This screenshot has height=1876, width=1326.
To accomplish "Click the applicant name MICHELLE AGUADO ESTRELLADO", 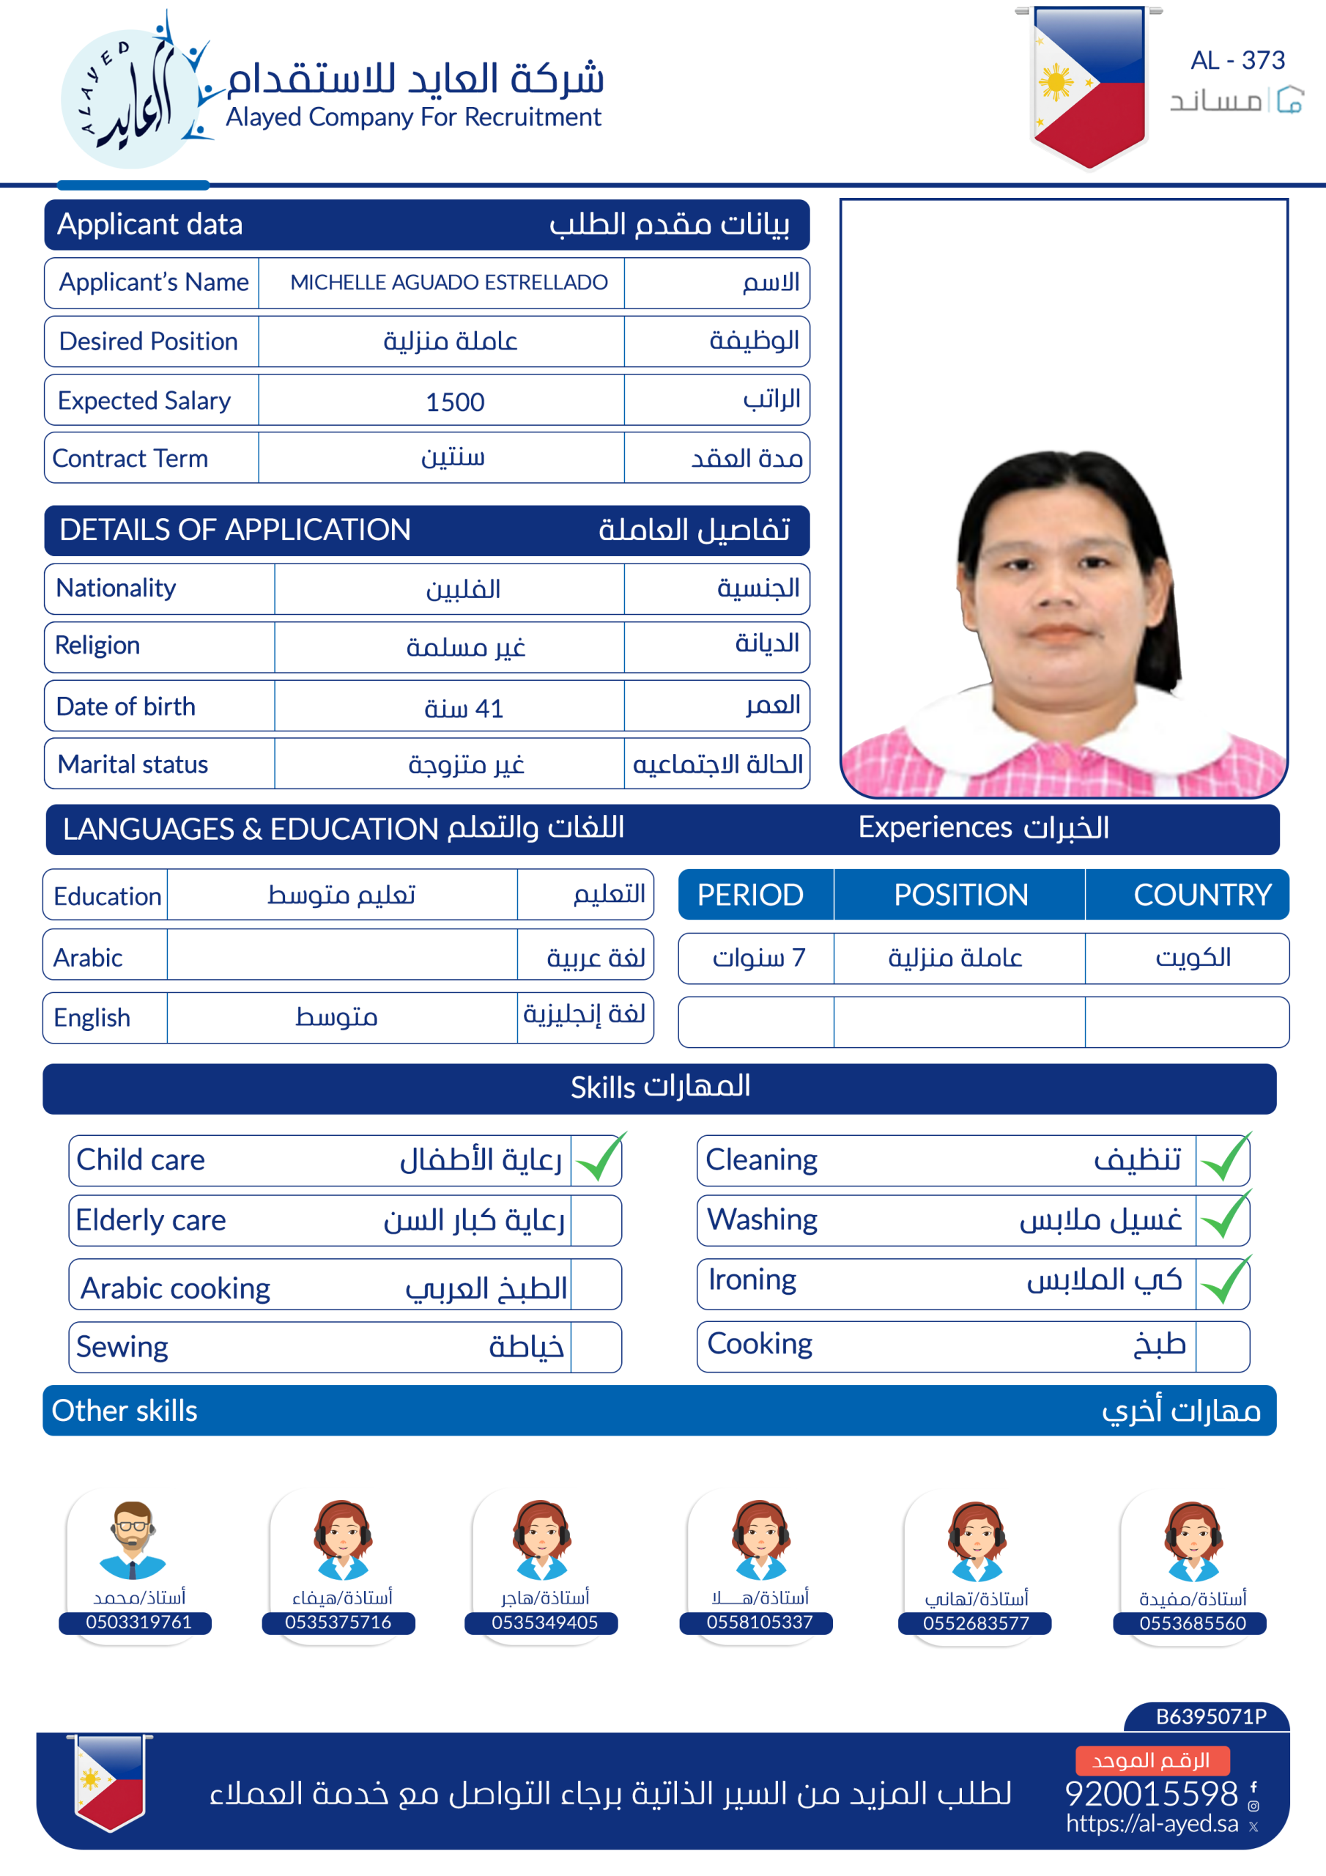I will [x=448, y=283].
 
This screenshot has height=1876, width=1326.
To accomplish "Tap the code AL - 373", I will [x=1237, y=61].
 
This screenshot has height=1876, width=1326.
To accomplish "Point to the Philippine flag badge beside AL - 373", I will [x=1088, y=81].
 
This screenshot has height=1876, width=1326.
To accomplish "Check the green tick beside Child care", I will [x=599, y=1159].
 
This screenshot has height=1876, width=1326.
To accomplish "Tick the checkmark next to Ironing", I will [x=1223, y=1281].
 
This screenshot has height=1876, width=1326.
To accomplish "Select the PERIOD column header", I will [x=750, y=895].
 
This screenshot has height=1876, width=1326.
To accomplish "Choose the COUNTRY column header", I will [x=1201, y=895].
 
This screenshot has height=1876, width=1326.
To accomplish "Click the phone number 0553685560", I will [x=1193, y=1622].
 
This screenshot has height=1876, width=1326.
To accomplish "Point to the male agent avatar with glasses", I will [x=133, y=1540].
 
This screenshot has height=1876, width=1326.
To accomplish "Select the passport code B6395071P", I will [x=1211, y=1717].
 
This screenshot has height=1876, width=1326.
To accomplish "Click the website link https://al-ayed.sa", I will [x=1152, y=1824].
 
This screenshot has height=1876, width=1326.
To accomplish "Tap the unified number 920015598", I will [x=1151, y=1793].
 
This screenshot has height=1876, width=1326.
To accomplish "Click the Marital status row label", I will [x=133, y=764].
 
